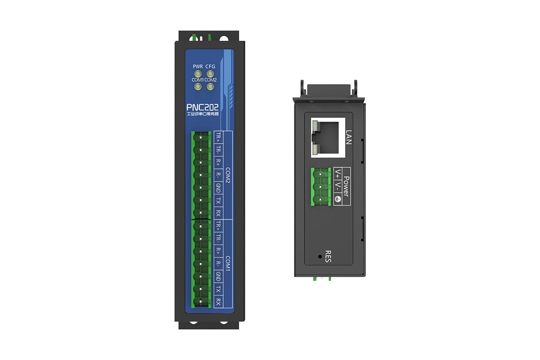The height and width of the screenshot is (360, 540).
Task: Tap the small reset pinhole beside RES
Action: coord(320,256)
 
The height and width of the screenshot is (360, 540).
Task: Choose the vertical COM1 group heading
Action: coord(228,263)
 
